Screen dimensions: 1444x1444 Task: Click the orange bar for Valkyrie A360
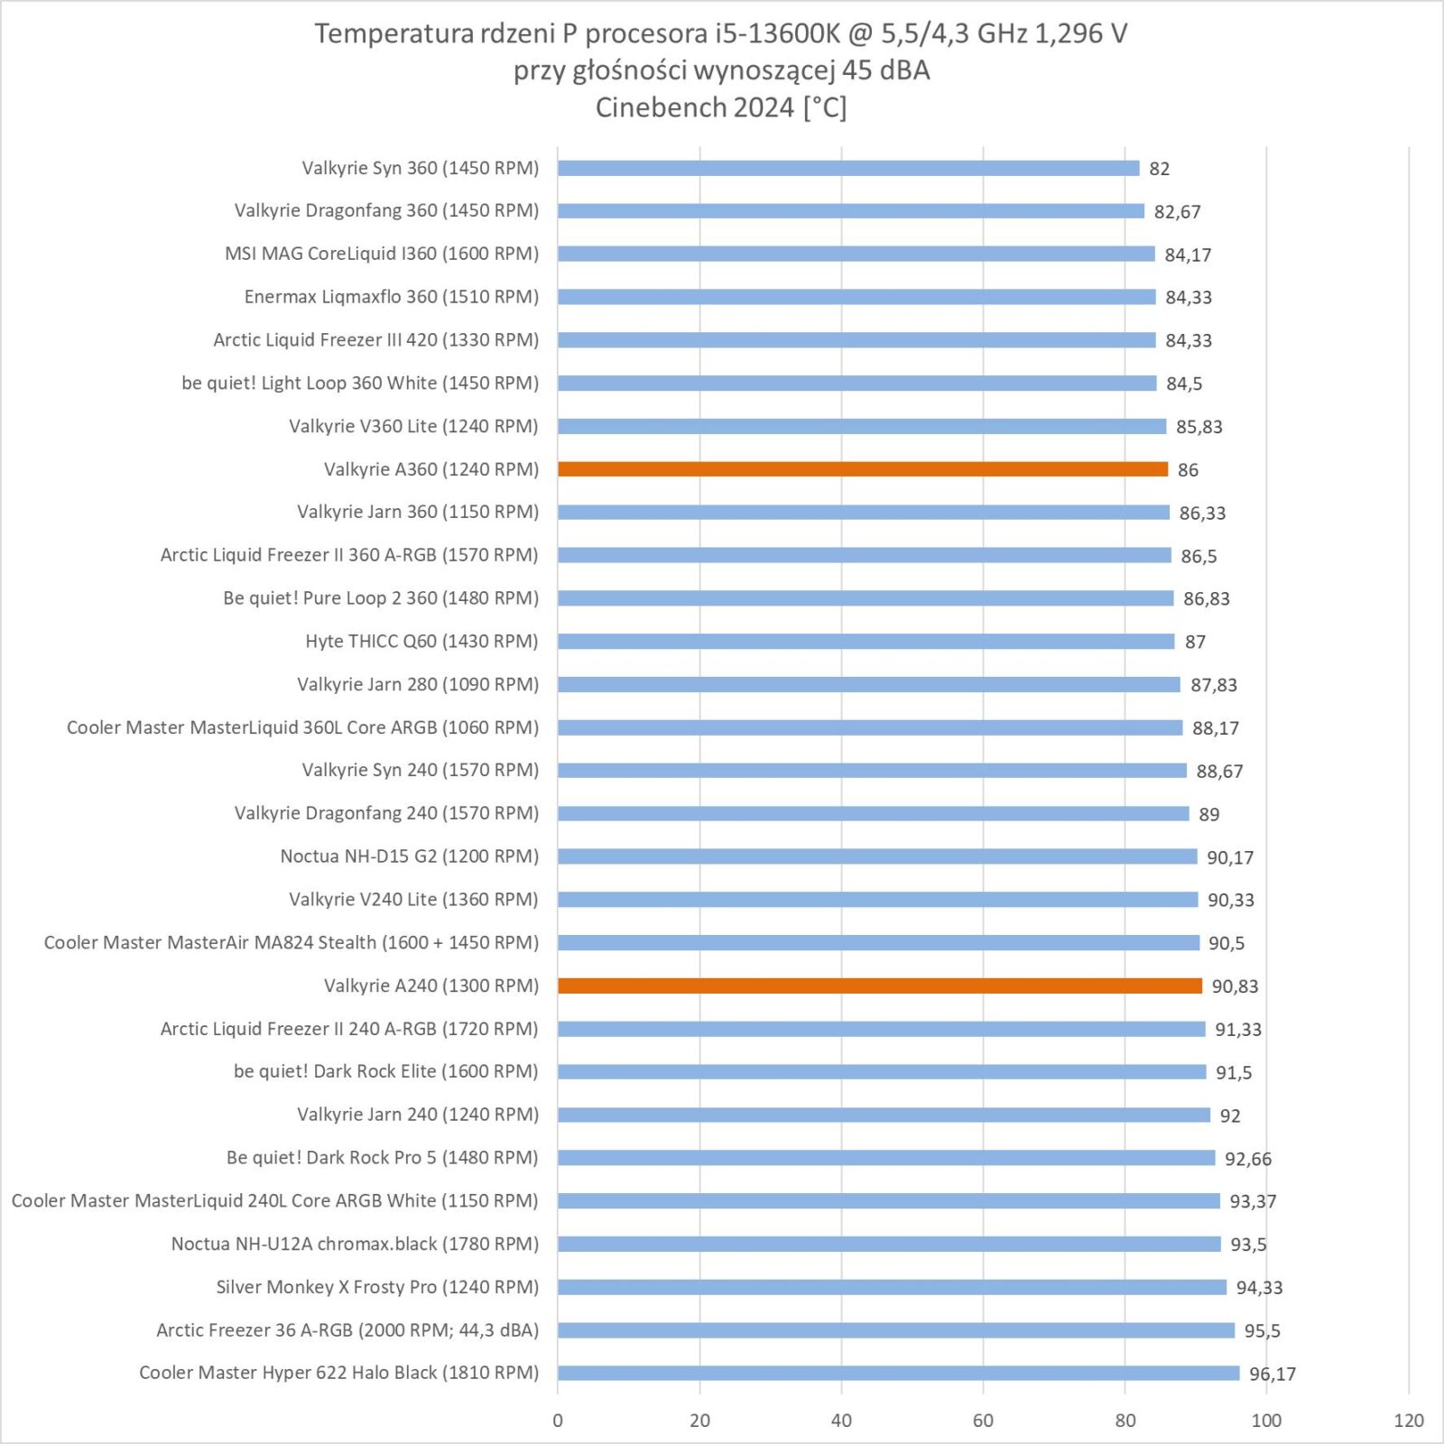pos(862,469)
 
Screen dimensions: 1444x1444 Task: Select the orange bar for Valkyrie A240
pos(880,986)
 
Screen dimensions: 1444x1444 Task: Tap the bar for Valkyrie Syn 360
pos(848,168)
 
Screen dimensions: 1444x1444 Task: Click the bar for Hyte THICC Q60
pos(866,642)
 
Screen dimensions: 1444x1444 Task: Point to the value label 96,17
pos(1273,1374)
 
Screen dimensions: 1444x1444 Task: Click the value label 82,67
pos(1177,211)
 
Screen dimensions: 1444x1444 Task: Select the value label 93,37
pos(1253,1201)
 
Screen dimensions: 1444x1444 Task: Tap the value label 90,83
pos(1235,986)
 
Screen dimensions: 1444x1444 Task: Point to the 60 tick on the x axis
pos(983,1421)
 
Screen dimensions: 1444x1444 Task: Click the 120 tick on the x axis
pos(1408,1421)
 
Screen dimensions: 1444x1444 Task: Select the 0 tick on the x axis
pos(558,1421)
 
